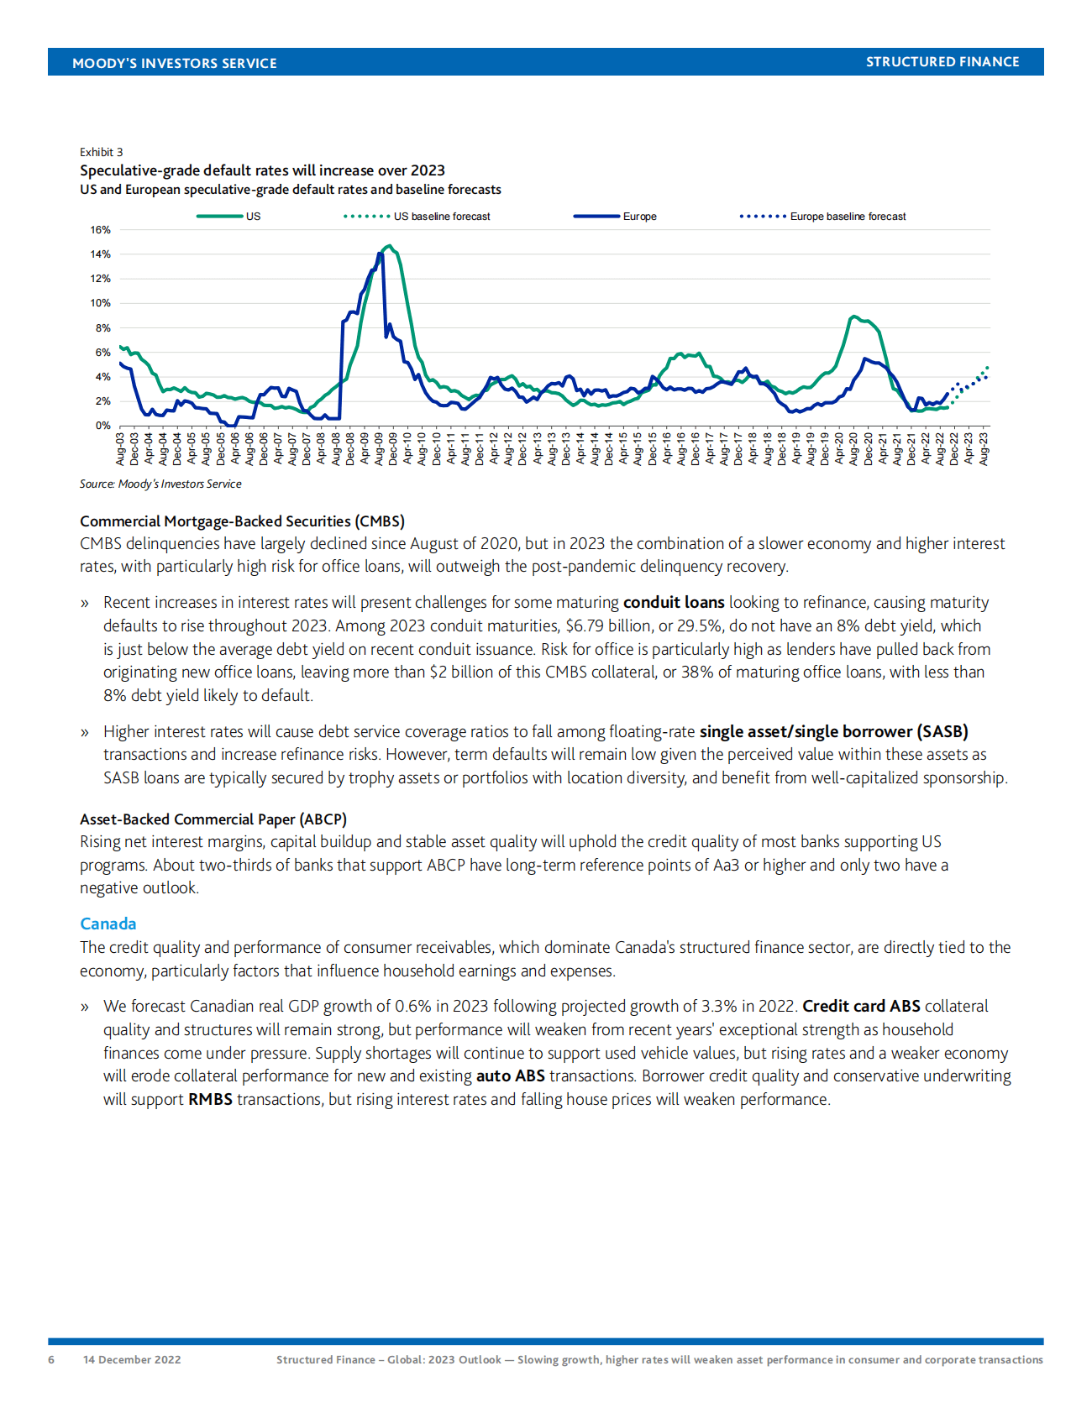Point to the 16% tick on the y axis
[101, 230]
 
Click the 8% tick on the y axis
[102, 328]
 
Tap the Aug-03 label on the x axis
[120, 448]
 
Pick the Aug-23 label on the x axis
[984, 448]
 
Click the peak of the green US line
[388, 246]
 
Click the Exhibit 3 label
[101, 152]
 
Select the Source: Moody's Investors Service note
[160, 484]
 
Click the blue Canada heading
[108, 924]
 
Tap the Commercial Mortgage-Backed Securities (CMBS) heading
[242, 521]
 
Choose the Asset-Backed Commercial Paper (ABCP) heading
[213, 819]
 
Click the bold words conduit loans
[674, 603]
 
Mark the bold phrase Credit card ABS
[861, 1006]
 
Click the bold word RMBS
[210, 1099]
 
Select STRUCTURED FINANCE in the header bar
[942, 62]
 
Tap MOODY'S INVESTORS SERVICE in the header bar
[174, 63]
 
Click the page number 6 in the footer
[51, 1359]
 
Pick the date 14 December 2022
[132, 1359]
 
